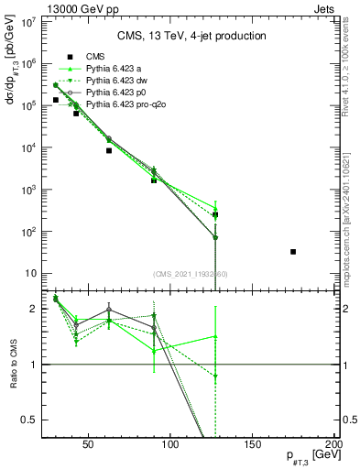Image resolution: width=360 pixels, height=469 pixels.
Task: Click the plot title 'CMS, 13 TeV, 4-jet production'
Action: click(x=191, y=37)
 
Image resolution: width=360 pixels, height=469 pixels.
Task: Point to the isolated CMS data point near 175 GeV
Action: click(x=293, y=251)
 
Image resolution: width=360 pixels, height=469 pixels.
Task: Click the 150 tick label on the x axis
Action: click(x=253, y=445)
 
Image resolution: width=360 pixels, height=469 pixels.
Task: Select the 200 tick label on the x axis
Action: click(x=333, y=445)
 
